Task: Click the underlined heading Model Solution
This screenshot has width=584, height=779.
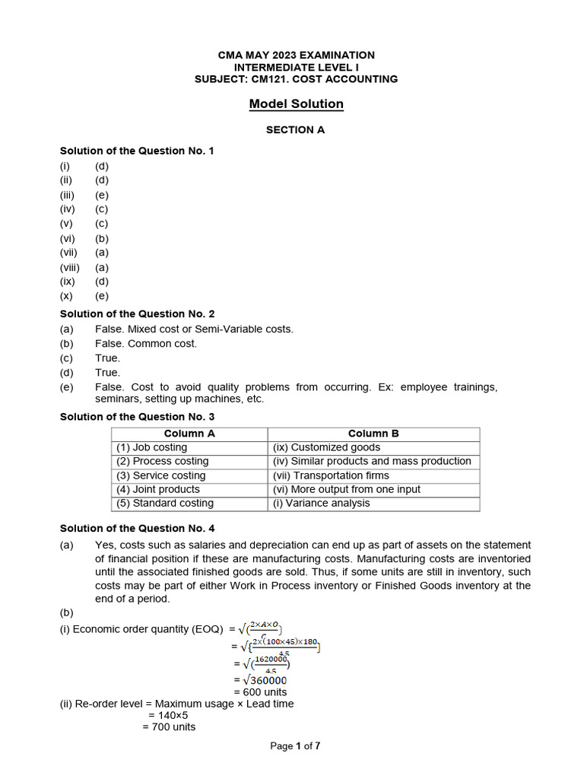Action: click(296, 104)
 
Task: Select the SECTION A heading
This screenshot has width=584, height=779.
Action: click(295, 130)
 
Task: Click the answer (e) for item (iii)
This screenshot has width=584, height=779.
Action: click(102, 195)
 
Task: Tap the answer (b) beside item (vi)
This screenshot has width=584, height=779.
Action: click(102, 238)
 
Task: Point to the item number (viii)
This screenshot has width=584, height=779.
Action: click(70, 267)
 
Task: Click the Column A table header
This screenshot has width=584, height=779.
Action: click(189, 434)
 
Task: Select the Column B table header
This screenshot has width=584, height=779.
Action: click(373, 434)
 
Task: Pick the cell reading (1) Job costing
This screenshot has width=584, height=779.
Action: click(151, 447)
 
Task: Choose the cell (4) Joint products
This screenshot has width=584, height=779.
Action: click(158, 489)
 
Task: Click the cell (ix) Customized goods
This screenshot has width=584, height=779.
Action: click(326, 447)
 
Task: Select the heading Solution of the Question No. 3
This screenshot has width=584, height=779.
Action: click(137, 417)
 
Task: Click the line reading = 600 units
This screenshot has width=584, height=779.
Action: click(260, 692)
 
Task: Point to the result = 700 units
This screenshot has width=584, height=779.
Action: click(169, 727)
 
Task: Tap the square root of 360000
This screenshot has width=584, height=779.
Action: click(262, 679)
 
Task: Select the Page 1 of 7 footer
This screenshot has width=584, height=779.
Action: click(295, 746)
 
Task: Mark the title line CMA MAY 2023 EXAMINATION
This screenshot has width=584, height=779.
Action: click(296, 56)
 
